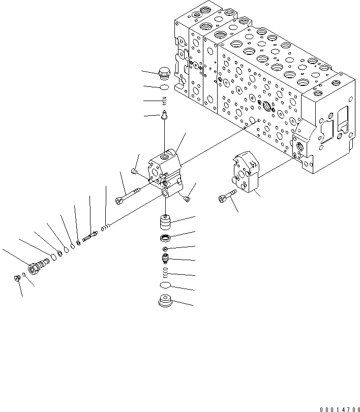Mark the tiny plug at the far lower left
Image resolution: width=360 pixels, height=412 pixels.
click(17, 277)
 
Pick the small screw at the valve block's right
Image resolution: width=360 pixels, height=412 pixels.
click(188, 198)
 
